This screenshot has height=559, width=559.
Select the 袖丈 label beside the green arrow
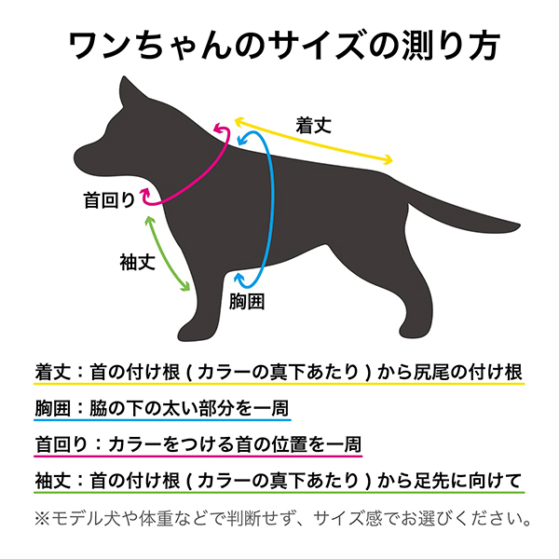136,262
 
